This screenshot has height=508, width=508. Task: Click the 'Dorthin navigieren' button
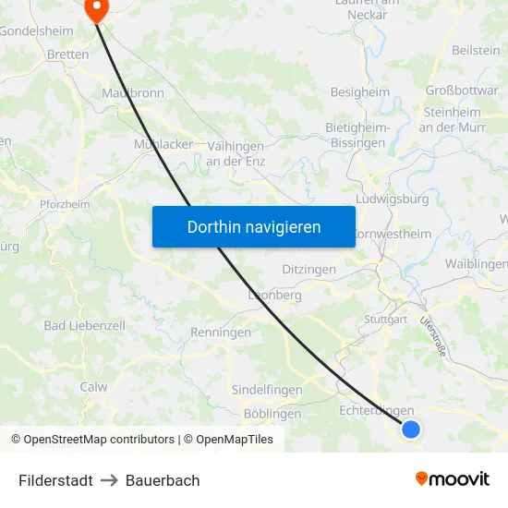[254, 226]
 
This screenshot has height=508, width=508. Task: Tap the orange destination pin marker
[96, 9]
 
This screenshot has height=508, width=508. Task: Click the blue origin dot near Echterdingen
[411, 429]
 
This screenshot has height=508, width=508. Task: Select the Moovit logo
[453, 478]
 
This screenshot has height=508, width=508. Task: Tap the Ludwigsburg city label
[392, 199]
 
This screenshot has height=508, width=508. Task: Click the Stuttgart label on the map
[386, 319]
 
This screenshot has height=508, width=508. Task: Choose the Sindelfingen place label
[267, 390]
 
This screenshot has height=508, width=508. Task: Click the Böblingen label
[272, 414]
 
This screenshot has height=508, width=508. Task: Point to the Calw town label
[93, 387]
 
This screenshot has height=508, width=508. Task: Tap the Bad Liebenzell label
[84, 326]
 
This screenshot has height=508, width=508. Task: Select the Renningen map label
[221, 332]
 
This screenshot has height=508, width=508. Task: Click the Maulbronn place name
[133, 93]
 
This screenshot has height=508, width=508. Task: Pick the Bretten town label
[67, 54]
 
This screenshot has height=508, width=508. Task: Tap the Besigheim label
[360, 92]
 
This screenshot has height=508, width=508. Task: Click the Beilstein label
[476, 51]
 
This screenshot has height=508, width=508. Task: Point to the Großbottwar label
[462, 91]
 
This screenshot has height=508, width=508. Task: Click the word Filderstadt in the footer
[55, 480]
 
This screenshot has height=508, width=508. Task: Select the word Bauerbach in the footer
[163, 480]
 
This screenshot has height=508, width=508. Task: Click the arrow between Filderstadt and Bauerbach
[109, 480]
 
